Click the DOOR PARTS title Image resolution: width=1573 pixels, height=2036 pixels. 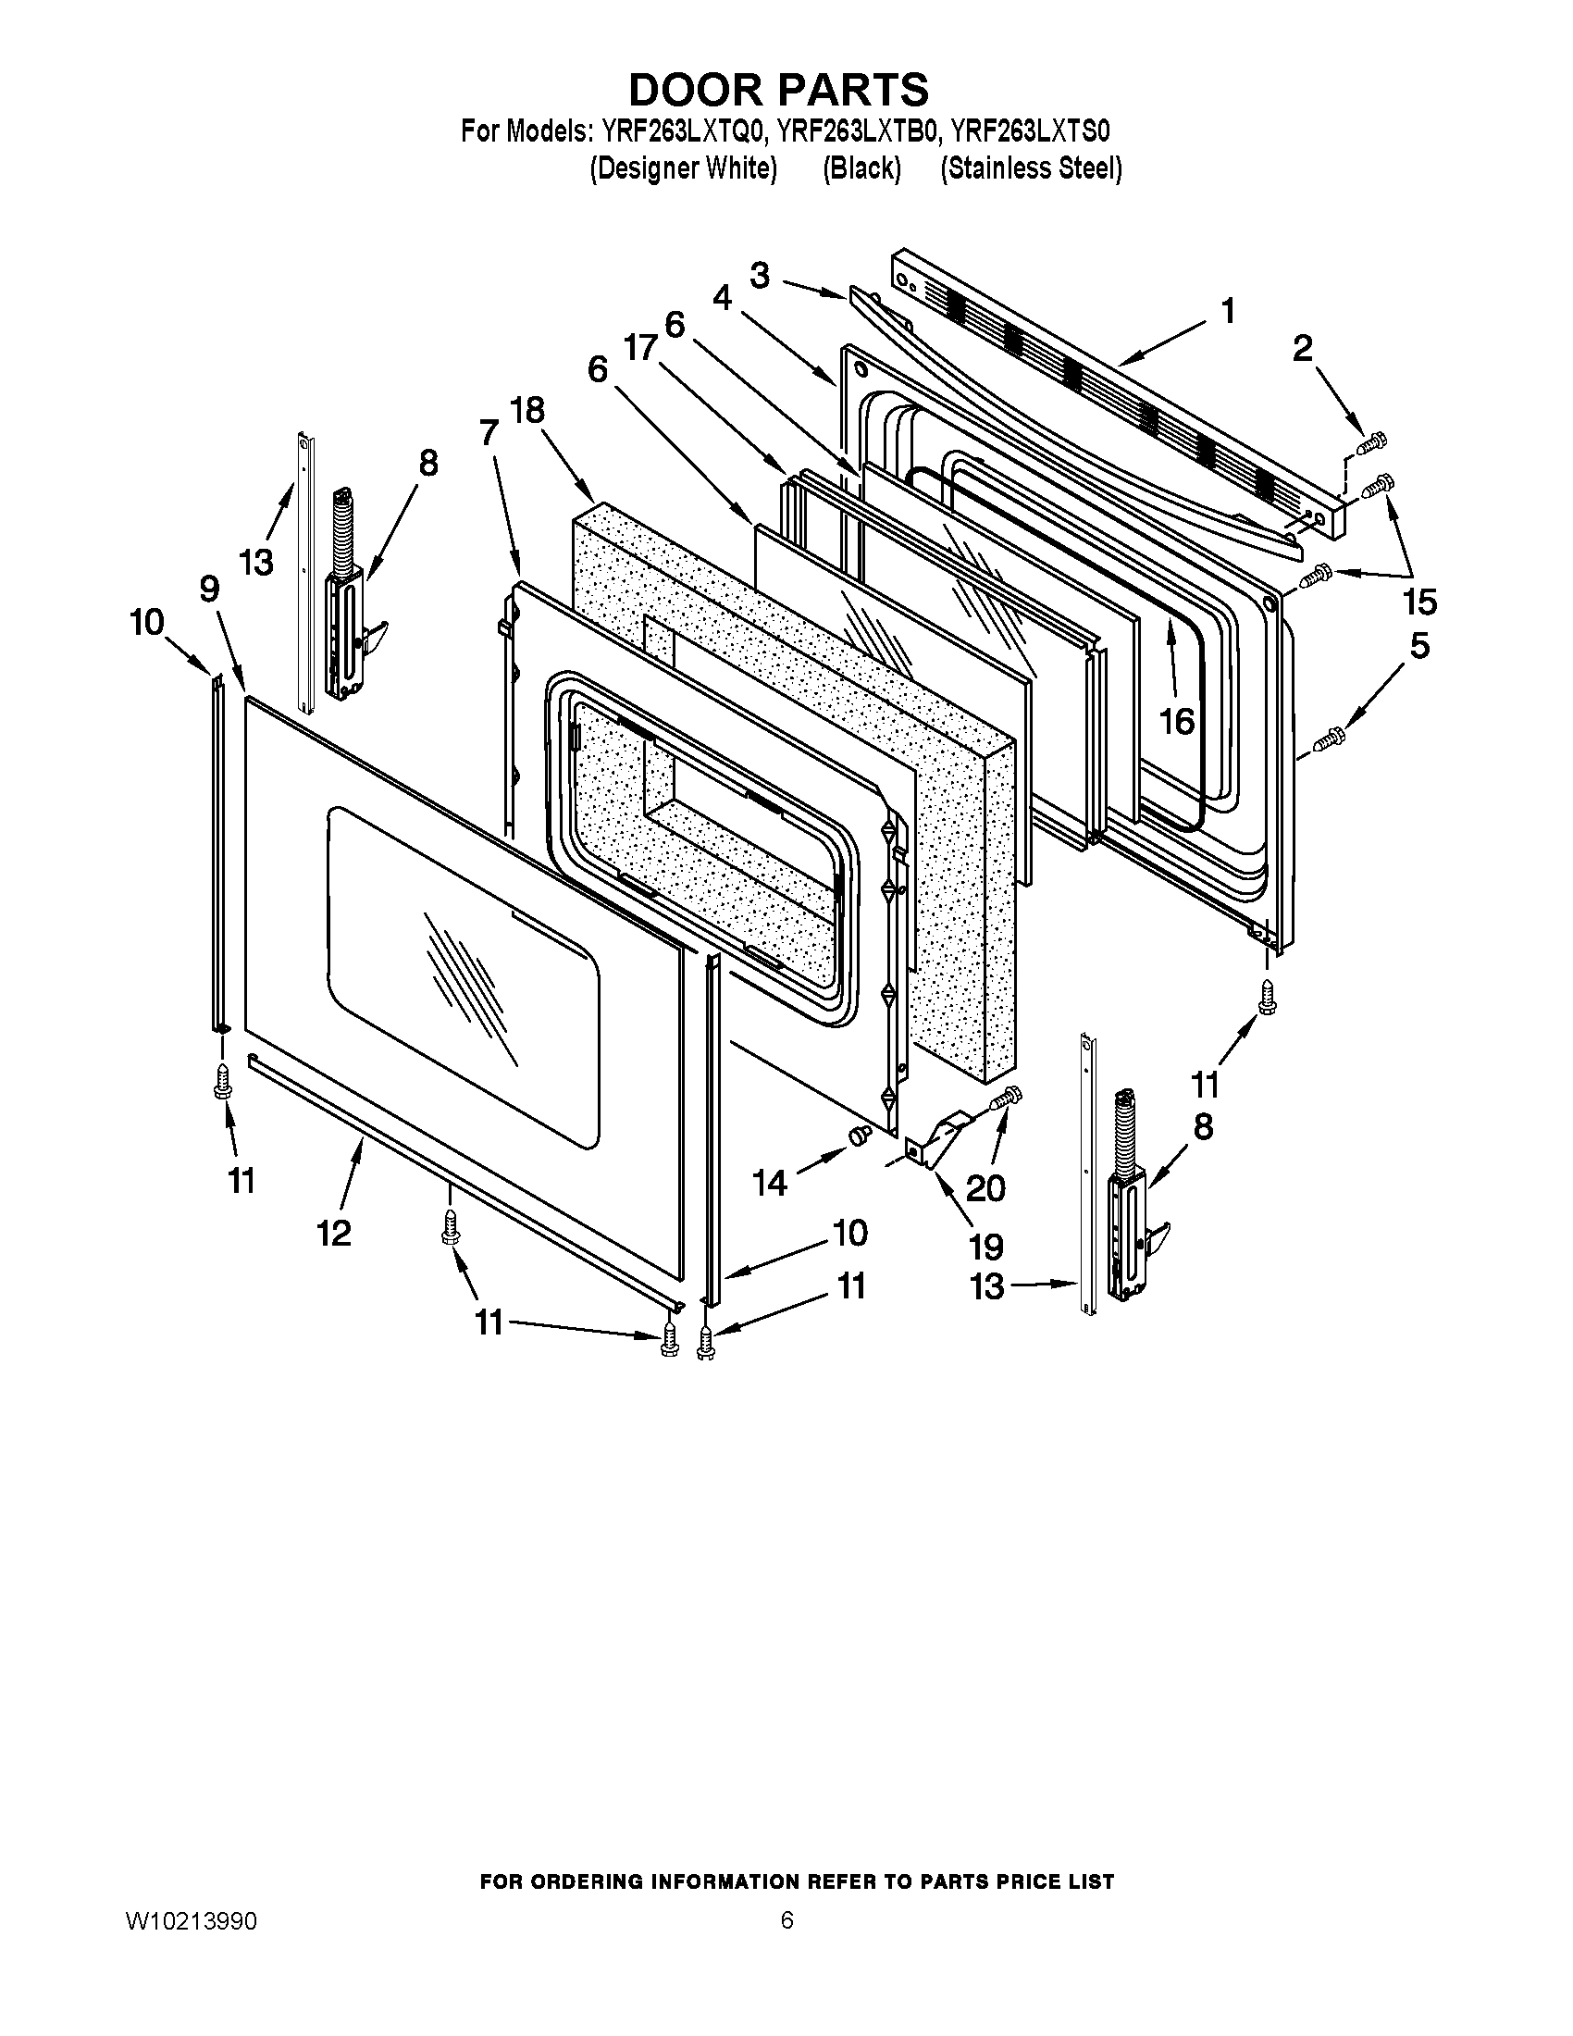(x=778, y=91)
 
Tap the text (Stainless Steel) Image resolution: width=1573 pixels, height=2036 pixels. (x=1030, y=168)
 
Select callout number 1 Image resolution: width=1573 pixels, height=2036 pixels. (x=1227, y=311)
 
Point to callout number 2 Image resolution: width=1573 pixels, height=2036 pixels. (x=1302, y=349)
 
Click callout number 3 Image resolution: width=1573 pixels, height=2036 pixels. (x=761, y=276)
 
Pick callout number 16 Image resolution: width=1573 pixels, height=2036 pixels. (x=1177, y=721)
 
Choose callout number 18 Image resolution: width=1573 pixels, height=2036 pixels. (x=526, y=410)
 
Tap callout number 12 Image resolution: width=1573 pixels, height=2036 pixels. (x=334, y=1233)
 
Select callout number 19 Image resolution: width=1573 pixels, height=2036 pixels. (x=986, y=1247)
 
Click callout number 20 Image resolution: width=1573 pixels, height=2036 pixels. (x=985, y=1188)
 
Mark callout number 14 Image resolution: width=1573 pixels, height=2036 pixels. (x=771, y=1182)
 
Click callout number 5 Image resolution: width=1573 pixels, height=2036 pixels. (x=1418, y=646)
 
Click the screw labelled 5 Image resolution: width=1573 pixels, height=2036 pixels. (x=1327, y=740)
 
